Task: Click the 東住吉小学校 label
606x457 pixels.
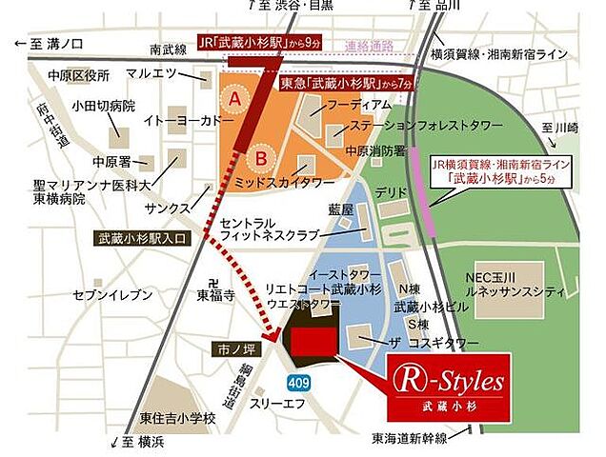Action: pos(178,417)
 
